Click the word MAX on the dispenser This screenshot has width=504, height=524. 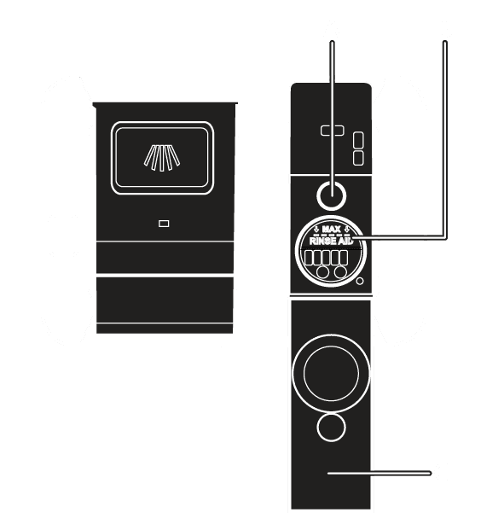coord(331,230)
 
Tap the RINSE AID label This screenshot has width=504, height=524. coord(331,241)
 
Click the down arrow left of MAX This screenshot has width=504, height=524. coord(316,230)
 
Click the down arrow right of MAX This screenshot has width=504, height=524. coord(346,230)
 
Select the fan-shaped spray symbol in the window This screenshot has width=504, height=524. coord(162,158)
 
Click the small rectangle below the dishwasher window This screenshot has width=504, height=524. coord(164,224)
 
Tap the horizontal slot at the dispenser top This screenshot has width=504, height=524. coord(333,131)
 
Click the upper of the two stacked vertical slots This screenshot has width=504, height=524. coord(358,140)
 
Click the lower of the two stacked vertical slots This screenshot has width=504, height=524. coord(358,158)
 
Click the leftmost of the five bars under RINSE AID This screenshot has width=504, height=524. coord(309,258)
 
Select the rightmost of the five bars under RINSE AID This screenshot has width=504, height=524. coord(344,258)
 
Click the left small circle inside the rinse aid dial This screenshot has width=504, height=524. coord(322,271)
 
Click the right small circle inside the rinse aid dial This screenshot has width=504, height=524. coord(340,271)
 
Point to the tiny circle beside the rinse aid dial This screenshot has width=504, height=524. coord(360,281)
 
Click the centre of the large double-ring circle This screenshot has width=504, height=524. coord(331,373)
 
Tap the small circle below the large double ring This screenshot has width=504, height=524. coord(331,428)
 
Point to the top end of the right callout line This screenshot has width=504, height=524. coord(445,43)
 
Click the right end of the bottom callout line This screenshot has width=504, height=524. coord(430,473)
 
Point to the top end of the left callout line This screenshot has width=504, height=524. coord(332,43)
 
